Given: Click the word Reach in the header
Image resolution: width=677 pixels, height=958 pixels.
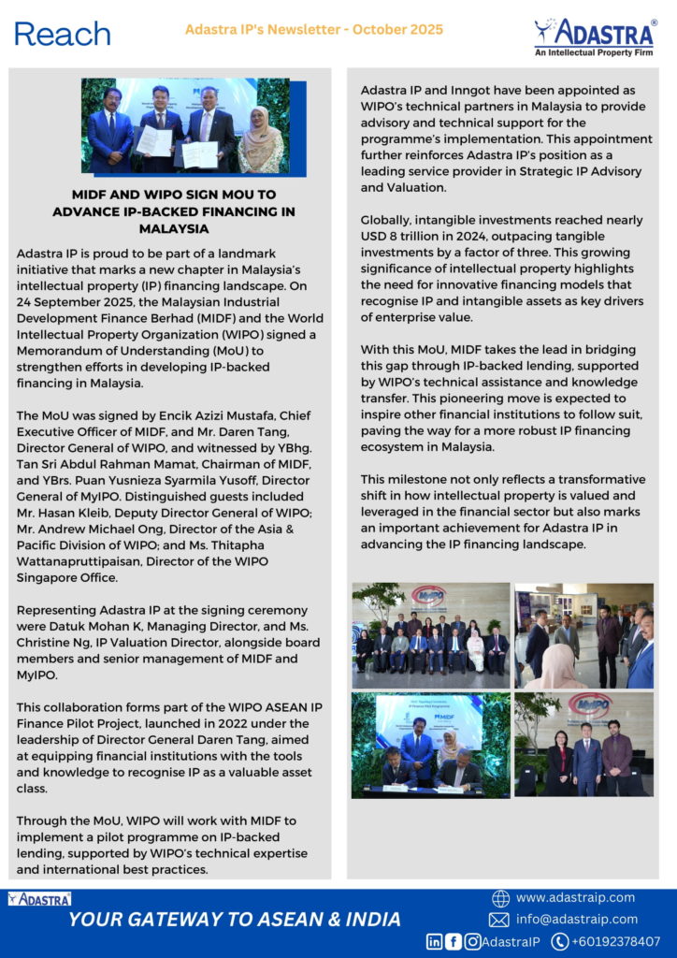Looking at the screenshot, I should pyautogui.click(x=62, y=35).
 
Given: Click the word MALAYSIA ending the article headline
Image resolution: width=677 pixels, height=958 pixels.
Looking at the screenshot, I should pyautogui.click(x=174, y=228).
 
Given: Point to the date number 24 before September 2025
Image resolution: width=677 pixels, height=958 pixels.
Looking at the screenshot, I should pyautogui.click(x=26, y=303).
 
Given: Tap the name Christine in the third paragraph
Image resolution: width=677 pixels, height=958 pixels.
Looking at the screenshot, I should pyautogui.click(x=49, y=642).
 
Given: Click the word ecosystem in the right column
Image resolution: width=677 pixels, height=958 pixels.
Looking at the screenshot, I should pyautogui.click(x=396, y=446).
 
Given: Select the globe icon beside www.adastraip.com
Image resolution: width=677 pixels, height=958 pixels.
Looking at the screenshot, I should pyautogui.click(x=500, y=898).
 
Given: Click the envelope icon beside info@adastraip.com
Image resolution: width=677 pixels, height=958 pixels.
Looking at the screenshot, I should pyautogui.click(x=499, y=920).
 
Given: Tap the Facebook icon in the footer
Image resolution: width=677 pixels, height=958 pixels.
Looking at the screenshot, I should pyautogui.click(x=454, y=942).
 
